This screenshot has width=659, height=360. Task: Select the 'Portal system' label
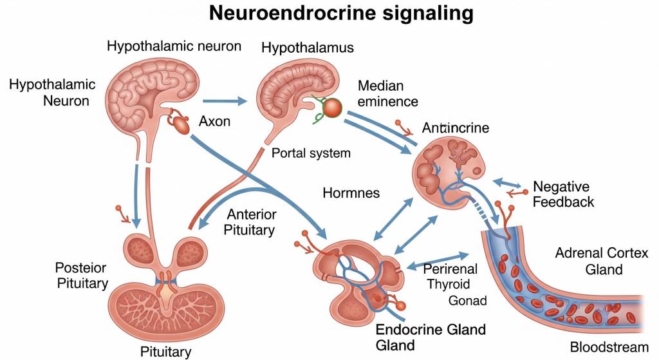(311, 153)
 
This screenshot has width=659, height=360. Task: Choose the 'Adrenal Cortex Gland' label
(601, 261)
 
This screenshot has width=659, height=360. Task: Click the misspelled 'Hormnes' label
(351, 193)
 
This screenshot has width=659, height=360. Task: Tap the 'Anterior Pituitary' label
(251, 222)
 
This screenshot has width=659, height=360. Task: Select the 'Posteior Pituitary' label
(81, 275)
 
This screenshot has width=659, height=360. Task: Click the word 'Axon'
(215, 121)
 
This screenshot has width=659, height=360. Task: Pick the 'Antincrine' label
(455, 128)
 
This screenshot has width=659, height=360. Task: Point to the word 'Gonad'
(467, 301)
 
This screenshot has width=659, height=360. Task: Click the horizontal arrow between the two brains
(225, 100)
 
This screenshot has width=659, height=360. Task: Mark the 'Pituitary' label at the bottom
(165, 352)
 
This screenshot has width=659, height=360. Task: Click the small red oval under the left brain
(182, 126)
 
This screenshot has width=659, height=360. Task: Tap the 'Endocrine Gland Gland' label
(430, 337)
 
